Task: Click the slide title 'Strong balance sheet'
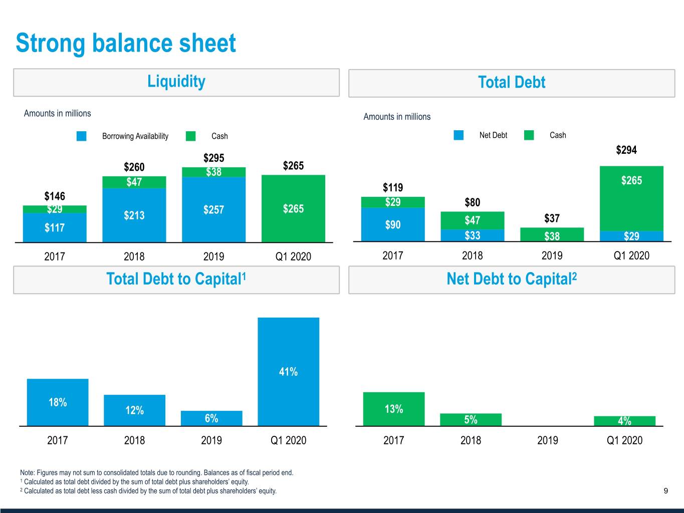pos(125,43)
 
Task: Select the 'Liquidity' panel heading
pos(176,82)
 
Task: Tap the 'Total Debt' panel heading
pos(511,83)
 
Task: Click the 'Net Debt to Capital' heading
pos(511,279)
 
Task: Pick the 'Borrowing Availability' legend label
pos(135,136)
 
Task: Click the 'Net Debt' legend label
pos(493,135)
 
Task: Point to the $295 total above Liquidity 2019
pos(213,158)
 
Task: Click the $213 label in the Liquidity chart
pos(134,215)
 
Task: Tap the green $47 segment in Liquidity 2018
pos(134,182)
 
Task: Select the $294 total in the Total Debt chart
pos(626,150)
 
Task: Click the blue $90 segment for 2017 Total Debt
pos(392,225)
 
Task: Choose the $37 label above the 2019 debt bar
pos(552,218)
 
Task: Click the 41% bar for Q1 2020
pos(288,372)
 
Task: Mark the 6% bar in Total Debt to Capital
pos(211,418)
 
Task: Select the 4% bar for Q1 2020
pos(624,421)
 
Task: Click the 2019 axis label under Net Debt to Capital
pos(547,440)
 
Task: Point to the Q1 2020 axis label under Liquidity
pos(293,256)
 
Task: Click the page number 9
pos(665,491)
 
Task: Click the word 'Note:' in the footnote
pos(28,472)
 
